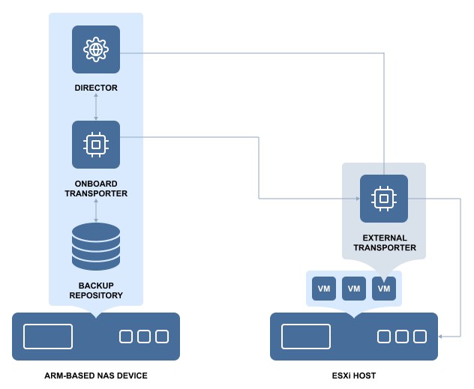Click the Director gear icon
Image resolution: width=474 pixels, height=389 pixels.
(x=96, y=49)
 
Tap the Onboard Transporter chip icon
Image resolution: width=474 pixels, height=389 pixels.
(x=96, y=145)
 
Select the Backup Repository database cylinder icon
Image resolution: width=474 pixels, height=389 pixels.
(x=96, y=247)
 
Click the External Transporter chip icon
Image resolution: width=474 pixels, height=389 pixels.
(x=384, y=199)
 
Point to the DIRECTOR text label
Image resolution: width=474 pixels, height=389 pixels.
(x=96, y=88)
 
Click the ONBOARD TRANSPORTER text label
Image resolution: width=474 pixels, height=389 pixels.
(x=96, y=188)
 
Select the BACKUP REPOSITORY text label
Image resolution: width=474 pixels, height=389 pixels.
(x=96, y=290)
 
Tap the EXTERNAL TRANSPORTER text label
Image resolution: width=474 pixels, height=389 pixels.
(x=384, y=243)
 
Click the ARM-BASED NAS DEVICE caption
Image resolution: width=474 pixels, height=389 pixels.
(x=96, y=375)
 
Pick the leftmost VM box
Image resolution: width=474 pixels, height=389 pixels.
(x=324, y=289)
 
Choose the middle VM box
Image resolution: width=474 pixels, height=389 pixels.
(x=354, y=289)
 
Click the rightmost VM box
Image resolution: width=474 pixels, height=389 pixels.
(x=384, y=289)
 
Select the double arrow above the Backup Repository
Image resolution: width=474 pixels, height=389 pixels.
(x=96, y=210)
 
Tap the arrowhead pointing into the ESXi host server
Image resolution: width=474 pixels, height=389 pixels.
(x=441, y=337)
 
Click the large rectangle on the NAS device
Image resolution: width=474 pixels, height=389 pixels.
(x=48, y=337)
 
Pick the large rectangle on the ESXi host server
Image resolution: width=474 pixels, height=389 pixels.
(x=306, y=337)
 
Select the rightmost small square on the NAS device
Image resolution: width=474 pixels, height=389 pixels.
(x=162, y=337)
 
